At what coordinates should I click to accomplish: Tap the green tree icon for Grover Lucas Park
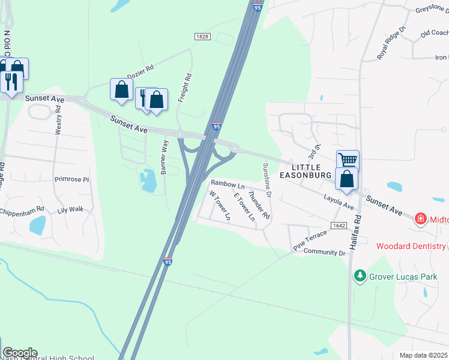360,275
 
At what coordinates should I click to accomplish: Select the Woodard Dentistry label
411,246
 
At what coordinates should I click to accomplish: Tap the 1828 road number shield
202,37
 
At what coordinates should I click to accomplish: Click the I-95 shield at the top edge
258,7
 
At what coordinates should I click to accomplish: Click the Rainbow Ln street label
228,185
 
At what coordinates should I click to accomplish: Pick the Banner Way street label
164,158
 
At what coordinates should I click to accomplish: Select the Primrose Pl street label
71,179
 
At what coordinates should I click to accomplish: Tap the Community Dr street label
325,253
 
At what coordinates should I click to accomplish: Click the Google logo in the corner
20,353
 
